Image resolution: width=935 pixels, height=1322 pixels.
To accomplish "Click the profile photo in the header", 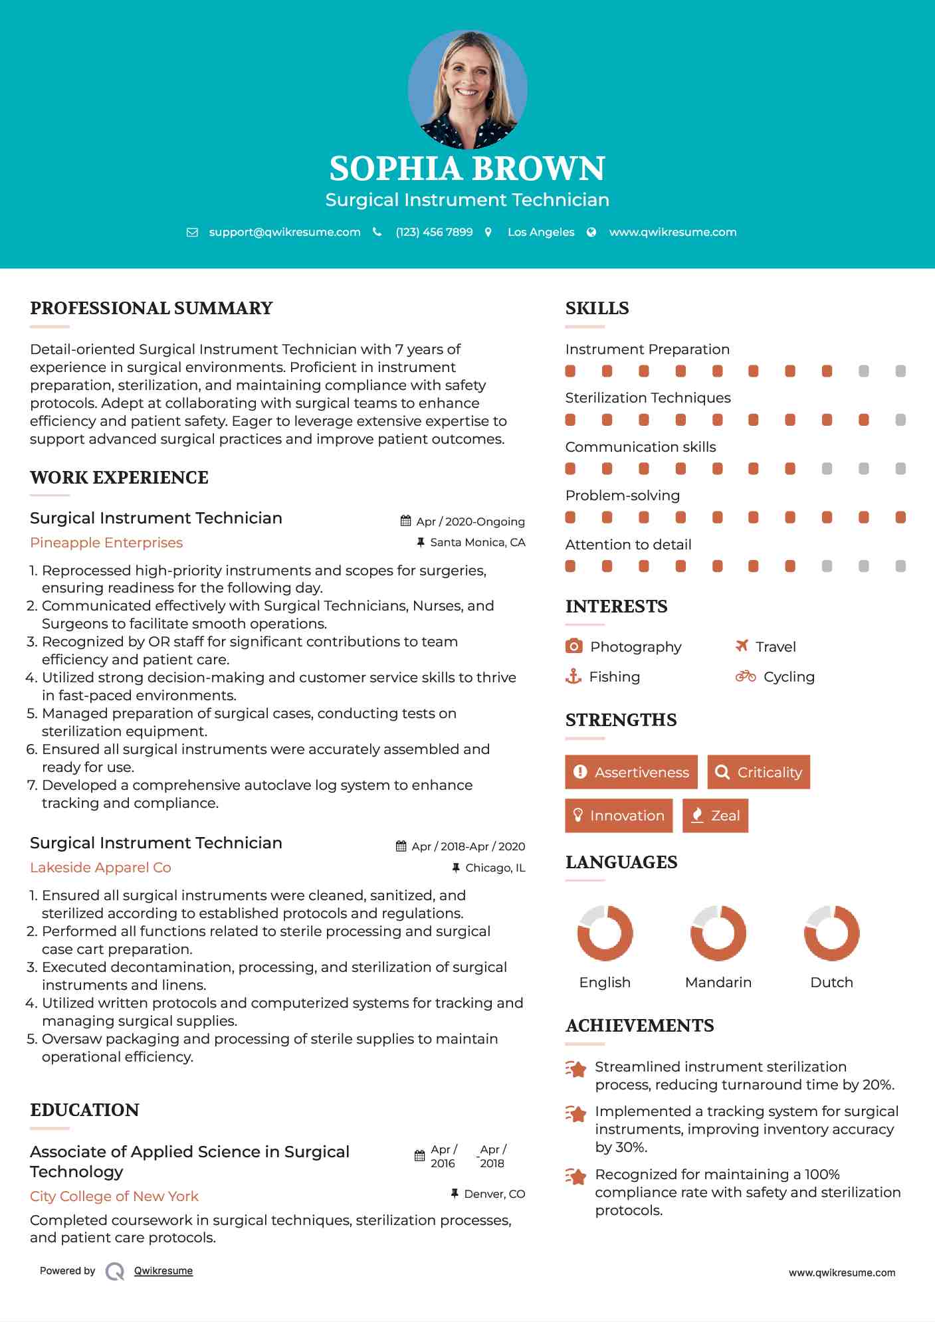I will pyautogui.click(x=467, y=89).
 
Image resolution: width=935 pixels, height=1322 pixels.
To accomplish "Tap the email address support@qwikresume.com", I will pyautogui.click(x=284, y=232).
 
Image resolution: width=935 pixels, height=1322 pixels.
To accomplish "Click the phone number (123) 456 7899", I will pyautogui.click(x=434, y=232).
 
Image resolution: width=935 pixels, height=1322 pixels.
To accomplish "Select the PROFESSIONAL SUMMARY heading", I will pyautogui.click(x=152, y=308).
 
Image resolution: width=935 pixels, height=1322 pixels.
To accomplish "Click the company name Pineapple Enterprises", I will pyautogui.click(x=106, y=543).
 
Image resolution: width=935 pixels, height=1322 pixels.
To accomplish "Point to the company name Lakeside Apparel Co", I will pyautogui.click(x=100, y=868).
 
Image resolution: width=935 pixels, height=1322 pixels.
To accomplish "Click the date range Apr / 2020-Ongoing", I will pyautogui.click(x=470, y=521).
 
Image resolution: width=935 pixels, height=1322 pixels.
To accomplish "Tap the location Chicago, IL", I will pyautogui.click(x=495, y=868).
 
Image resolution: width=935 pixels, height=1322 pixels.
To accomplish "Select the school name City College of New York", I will pyautogui.click(x=114, y=1196).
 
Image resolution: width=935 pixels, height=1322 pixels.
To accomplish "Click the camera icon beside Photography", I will pyautogui.click(x=574, y=646).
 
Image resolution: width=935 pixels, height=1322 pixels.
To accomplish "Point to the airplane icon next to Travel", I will pyautogui.click(x=742, y=646).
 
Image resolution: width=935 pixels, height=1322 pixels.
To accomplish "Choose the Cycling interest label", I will pyautogui.click(x=789, y=677).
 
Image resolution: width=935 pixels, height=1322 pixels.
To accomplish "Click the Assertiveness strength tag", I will pyautogui.click(x=631, y=772).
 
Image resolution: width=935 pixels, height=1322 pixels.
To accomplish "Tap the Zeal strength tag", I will pyautogui.click(x=715, y=816).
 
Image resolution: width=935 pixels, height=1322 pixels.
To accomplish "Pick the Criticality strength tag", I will pyautogui.click(x=758, y=772).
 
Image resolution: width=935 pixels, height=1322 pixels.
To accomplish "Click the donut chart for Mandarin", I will pyautogui.click(x=718, y=933).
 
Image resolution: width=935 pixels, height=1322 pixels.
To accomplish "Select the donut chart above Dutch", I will pyautogui.click(x=831, y=933).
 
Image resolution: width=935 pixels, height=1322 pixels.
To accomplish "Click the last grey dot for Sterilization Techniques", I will pyautogui.click(x=900, y=420).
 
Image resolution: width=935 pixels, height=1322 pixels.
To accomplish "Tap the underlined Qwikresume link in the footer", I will pyautogui.click(x=163, y=1271).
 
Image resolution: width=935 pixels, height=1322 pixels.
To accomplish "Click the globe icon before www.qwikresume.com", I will pyautogui.click(x=591, y=232).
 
